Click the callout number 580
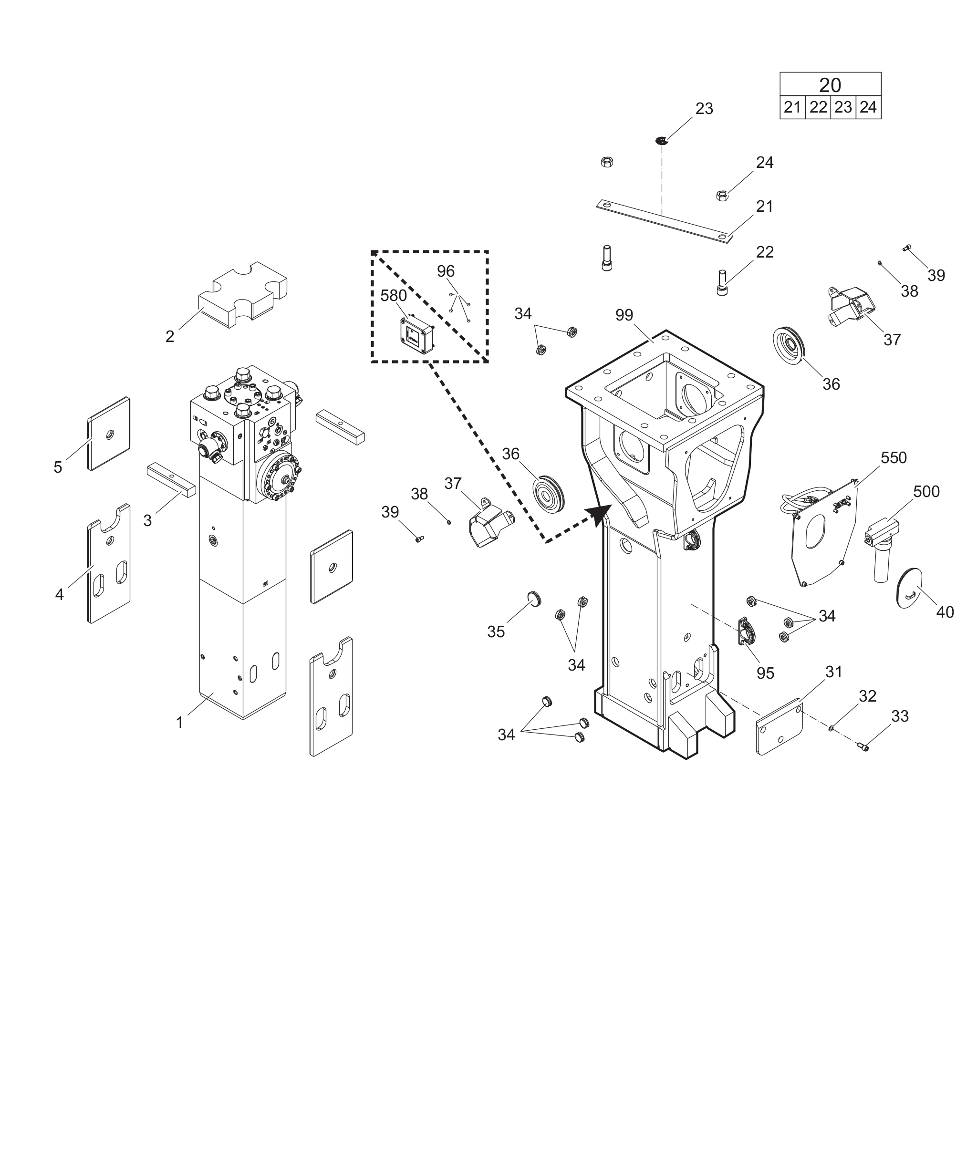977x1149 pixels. pos(393,296)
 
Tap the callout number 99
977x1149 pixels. pos(624,315)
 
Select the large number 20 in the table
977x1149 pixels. pos(830,85)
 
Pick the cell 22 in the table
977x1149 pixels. pos(818,107)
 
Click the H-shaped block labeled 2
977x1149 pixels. pos(243,295)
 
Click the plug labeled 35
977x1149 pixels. pos(534,599)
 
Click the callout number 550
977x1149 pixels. pos(894,458)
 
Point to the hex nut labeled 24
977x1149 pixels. pos(722,195)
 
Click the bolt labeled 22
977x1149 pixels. pos(722,282)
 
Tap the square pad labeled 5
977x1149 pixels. pos(109,434)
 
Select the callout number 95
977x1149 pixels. pos(765,673)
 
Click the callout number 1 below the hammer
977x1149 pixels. pos(179,722)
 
